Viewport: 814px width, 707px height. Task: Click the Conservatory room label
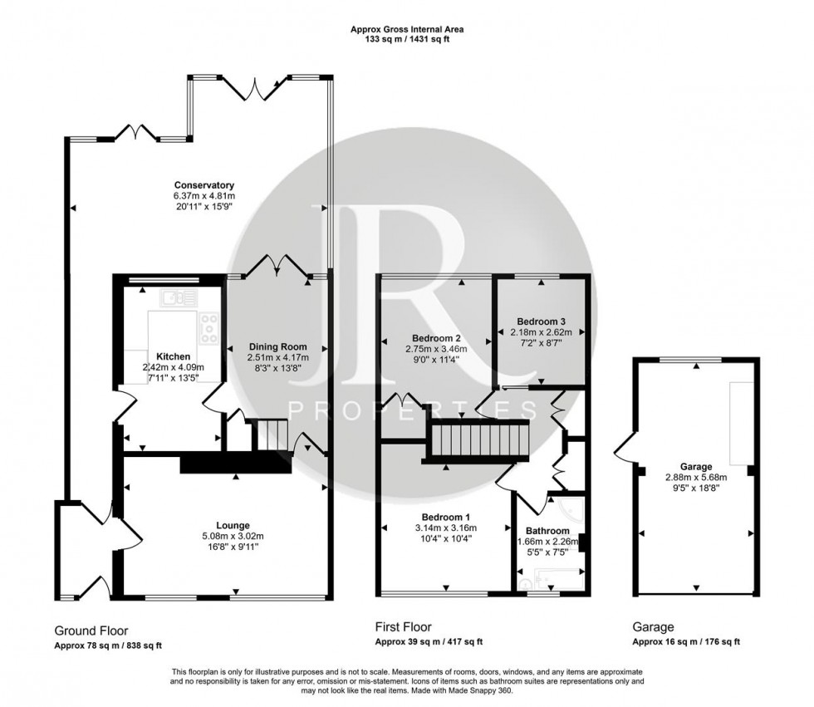pyautogui.click(x=204, y=185)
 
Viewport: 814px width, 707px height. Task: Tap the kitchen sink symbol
pyautogui.click(x=179, y=297)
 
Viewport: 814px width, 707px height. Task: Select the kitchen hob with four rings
pyautogui.click(x=208, y=327)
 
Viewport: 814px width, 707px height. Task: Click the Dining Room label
pyautogui.click(x=277, y=346)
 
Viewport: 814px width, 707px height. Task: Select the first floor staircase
pyautogui.click(x=478, y=440)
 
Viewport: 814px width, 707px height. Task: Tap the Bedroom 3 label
pyautogui.click(x=541, y=322)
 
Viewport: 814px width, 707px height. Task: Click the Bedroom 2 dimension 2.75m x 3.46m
pyautogui.click(x=436, y=350)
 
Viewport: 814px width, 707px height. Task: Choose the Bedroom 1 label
pyautogui.click(x=445, y=517)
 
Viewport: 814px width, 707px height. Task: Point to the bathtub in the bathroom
pyautogui.click(x=558, y=579)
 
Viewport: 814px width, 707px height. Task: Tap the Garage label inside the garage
pyautogui.click(x=696, y=467)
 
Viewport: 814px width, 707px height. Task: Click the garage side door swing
pyautogui.click(x=625, y=444)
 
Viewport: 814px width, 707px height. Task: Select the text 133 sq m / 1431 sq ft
pyautogui.click(x=406, y=39)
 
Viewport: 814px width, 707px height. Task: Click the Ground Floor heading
pyautogui.click(x=91, y=631)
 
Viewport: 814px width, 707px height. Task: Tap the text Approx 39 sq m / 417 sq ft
pyautogui.click(x=429, y=641)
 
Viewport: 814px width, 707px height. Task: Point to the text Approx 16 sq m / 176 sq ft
pyautogui.click(x=686, y=641)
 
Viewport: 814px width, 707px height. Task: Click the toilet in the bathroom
pyautogui.click(x=525, y=583)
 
